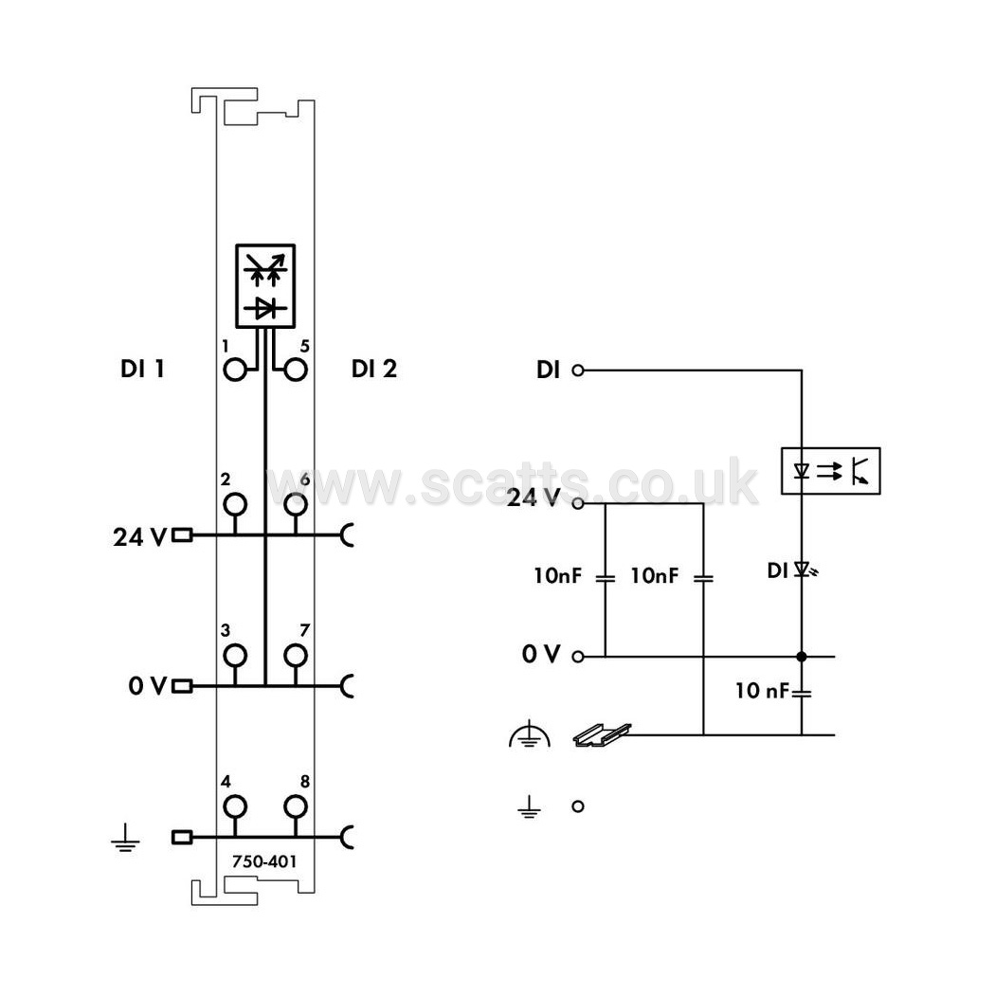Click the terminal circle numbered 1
(235, 370)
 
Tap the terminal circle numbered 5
(296, 370)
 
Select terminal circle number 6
(296, 504)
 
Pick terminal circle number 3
(235, 655)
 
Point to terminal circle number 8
(296, 806)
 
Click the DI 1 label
(142, 369)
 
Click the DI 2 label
(374, 369)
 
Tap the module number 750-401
(264, 861)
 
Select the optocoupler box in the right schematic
(831, 471)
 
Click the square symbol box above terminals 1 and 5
(265, 286)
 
